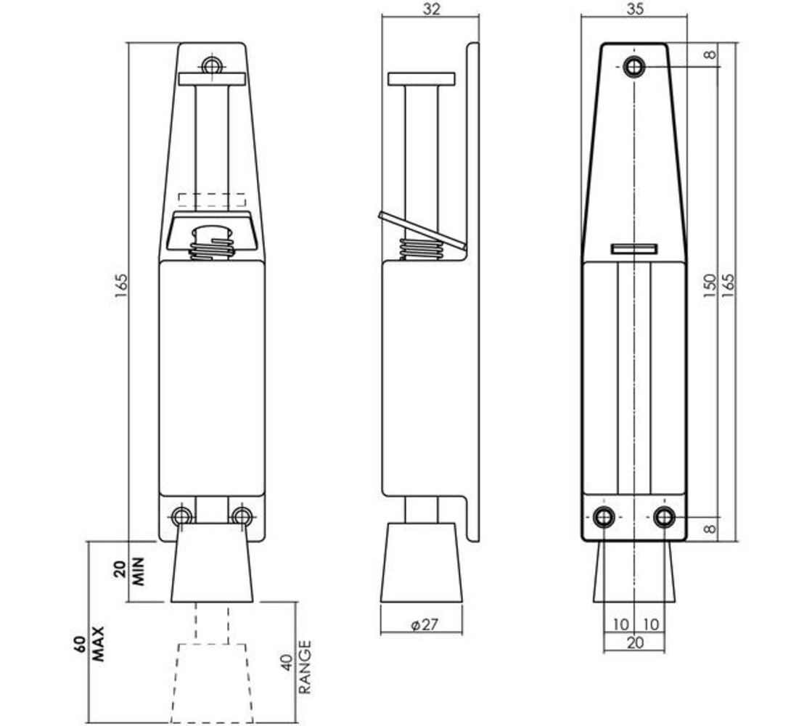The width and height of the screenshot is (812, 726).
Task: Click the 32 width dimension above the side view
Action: [x=430, y=9]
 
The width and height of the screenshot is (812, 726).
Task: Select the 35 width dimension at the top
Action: [x=634, y=9]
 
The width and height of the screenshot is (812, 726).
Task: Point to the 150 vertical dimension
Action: [x=710, y=283]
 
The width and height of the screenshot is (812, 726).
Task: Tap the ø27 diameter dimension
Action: [x=423, y=624]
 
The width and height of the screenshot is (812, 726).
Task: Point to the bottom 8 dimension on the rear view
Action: [x=710, y=529]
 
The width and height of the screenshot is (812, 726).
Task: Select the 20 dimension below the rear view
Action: [x=634, y=643]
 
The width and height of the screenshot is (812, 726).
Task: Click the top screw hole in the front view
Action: [x=211, y=66]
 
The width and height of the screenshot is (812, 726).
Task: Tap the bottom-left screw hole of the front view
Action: [x=181, y=516]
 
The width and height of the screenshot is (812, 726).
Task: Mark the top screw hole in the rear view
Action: [x=634, y=67]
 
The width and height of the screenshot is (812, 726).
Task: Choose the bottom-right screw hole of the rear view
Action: [x=664, y=517]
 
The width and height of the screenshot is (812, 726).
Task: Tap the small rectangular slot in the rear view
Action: [x=634, y=248]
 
